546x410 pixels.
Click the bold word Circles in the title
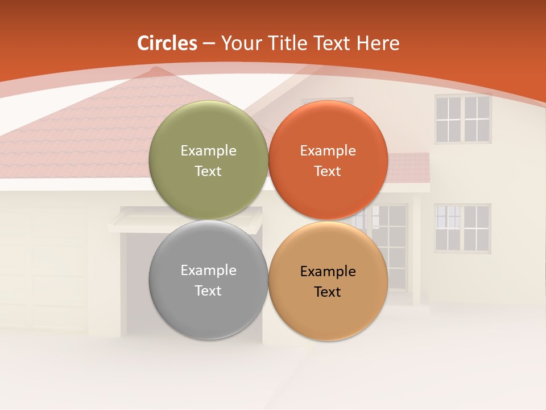click(167, 43)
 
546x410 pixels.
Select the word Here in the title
click(378, 43)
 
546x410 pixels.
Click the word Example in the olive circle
click(208, 150)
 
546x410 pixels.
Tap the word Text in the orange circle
click(328, 171)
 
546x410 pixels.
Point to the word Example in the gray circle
click(208, 270)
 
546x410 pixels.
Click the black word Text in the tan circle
click(328, 292)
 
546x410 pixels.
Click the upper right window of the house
click(462, 118)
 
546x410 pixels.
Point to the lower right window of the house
click(462, 228)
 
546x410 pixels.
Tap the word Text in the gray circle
click(208, 290)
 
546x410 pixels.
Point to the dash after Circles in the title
click(209, 44)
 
